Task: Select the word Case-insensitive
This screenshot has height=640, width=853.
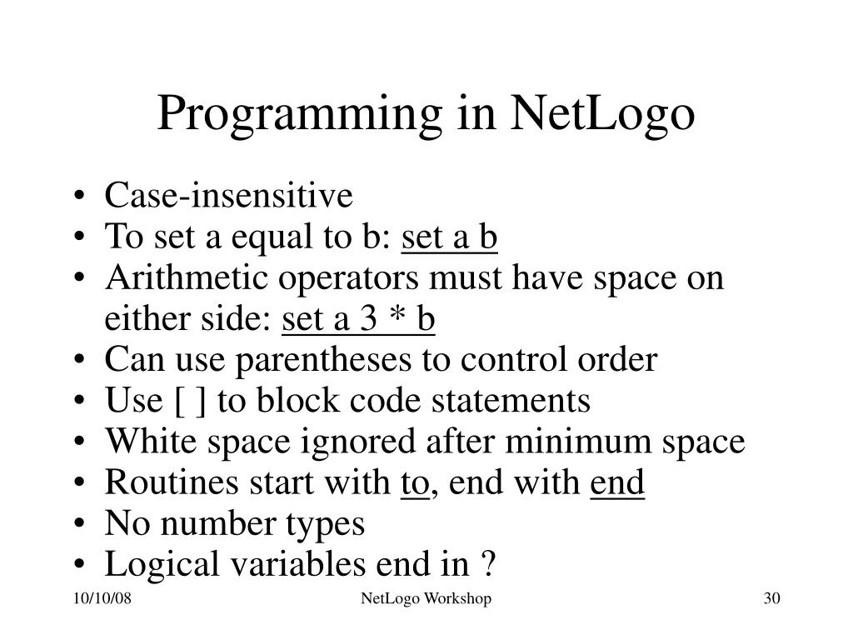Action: pos(229,197)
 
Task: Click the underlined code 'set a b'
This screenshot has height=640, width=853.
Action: pos(450,237)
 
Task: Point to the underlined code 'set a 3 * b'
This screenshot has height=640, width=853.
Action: pos(359,319)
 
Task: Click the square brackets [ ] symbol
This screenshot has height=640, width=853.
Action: pos(192,401)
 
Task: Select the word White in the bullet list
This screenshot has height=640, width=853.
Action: pos(138,442)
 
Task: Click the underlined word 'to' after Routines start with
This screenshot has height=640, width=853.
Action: pos(414,482)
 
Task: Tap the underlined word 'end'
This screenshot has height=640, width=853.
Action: pos(617,482)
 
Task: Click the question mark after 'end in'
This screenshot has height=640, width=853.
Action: pos(488,564)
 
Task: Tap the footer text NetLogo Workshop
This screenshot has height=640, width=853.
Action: pos(426,599)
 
